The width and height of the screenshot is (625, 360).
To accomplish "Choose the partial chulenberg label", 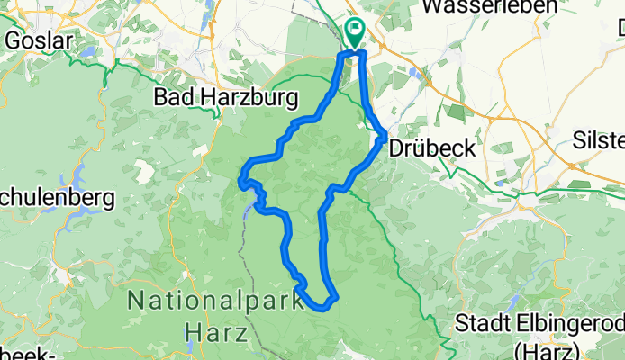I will click(56, 197).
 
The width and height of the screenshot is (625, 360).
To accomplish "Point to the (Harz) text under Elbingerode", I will click(542, 347).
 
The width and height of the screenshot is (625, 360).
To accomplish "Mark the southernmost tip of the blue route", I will click(322, 307).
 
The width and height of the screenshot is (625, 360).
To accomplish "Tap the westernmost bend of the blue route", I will click(240, 182).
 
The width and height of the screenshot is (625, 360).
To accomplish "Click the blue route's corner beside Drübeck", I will click(385, 136).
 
